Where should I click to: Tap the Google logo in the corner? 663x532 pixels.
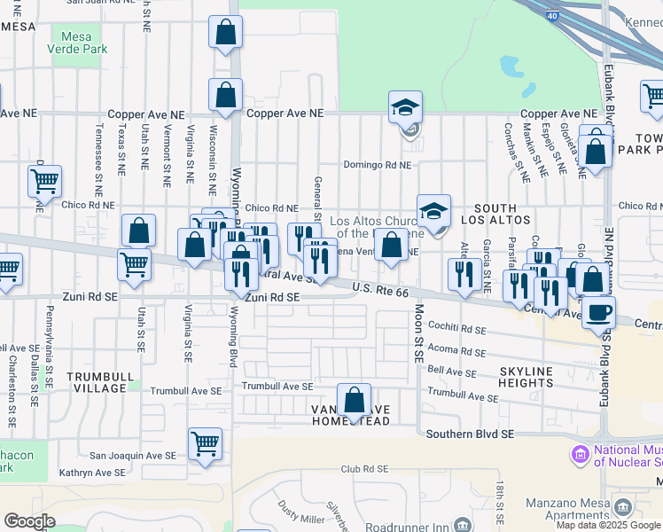tap(29, 521)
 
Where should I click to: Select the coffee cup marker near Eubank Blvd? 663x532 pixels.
tap(599, 312)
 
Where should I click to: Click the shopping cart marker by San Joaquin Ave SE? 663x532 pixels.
tap(205, 442)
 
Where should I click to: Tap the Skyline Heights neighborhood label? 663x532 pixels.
tap(526, 377)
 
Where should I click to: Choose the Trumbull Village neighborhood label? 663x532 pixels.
tap(96, 383)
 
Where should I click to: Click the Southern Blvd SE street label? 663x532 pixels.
tap(470, 434)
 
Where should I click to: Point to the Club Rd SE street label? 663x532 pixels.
tap(363, 468)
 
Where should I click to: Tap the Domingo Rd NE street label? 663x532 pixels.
tap(378, 165)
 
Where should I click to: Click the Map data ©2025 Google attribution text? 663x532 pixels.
tap(609, 525)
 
